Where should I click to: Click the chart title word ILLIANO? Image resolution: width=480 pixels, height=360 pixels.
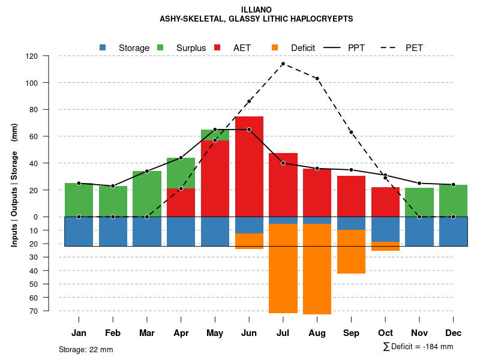point(256,10)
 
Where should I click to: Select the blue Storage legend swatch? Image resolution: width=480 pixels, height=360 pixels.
point(103,47)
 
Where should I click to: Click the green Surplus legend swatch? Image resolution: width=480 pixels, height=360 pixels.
point(160,47)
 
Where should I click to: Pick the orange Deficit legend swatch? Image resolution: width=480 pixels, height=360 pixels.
point(275,47)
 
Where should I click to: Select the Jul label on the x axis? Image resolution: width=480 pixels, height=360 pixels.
point(283,333)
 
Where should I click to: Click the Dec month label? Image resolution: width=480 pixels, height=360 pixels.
point(453,333)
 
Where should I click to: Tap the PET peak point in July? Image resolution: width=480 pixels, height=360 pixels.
point(283,64)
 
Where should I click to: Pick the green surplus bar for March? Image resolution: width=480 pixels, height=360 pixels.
point(147,194)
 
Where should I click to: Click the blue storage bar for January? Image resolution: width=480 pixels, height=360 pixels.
point(79,231)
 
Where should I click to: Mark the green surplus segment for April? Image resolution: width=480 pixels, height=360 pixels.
point(181,173)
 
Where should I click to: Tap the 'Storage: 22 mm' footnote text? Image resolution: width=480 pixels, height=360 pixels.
point(86,349)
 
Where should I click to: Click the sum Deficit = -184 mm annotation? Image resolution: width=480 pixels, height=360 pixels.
point(418,347)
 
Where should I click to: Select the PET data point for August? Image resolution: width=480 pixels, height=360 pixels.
point(317,79)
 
